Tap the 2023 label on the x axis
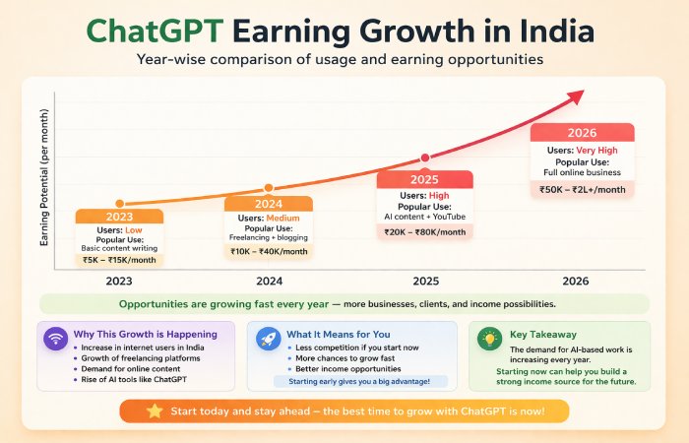click(119, 281)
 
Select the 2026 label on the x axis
click(576, 281)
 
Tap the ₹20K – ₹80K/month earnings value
click(424, 232)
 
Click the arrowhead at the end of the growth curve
click(578, 95)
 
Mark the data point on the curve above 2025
click(425, 158)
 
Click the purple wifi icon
click(55, 339)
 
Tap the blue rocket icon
click(269, 339)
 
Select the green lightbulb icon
click(487, 339)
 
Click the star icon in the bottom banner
click(154, 409)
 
